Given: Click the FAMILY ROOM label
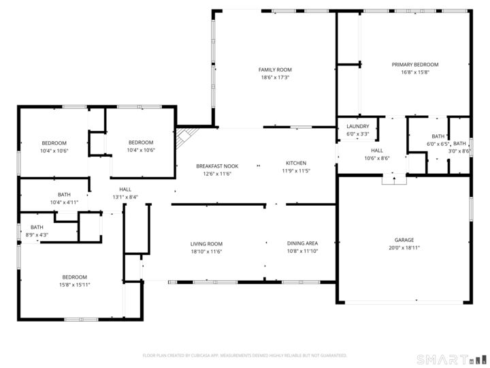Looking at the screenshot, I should pyautogui.click(x=275, y=70).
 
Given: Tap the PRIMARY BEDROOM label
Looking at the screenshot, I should pyautogui.click(x=414, y=65).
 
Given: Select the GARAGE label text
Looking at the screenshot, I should pyautogui.click(x=404, y=240).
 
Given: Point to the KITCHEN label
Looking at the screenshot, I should pyautogui.click(x=296, y=164).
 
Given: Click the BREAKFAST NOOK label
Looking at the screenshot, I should pyautogui.click(x=217, y=166).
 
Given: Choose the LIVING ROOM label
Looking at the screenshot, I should pyautogui.click(x=206, y=243).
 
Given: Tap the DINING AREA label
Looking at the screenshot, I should pyautogui.click(x=302, y=243).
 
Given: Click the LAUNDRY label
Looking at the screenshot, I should pyautogui.click(x=357, y=126).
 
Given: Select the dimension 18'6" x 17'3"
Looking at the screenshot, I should pyautogui.click(x=275, y=78).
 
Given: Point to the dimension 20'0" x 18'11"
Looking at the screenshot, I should pyautogui.click(x=404, y=248).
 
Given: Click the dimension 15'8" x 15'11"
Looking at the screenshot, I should pyautogui.click(x=74, y=284).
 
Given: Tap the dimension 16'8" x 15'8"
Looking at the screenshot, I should pyautogui.click(x=414, y=73).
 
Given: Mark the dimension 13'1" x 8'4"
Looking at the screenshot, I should pyautogui.click(x=125, y=198).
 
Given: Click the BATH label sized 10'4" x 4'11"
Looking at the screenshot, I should pyautogui.click(x=64, y=194).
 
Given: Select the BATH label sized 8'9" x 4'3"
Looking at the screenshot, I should pyautogui.click(x=37, y=227).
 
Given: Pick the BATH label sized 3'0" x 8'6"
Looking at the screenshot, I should pyautogui.click(x=460, y=143).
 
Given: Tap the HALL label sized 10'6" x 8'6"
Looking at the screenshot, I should pyautogui.click(x=376, y=150).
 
